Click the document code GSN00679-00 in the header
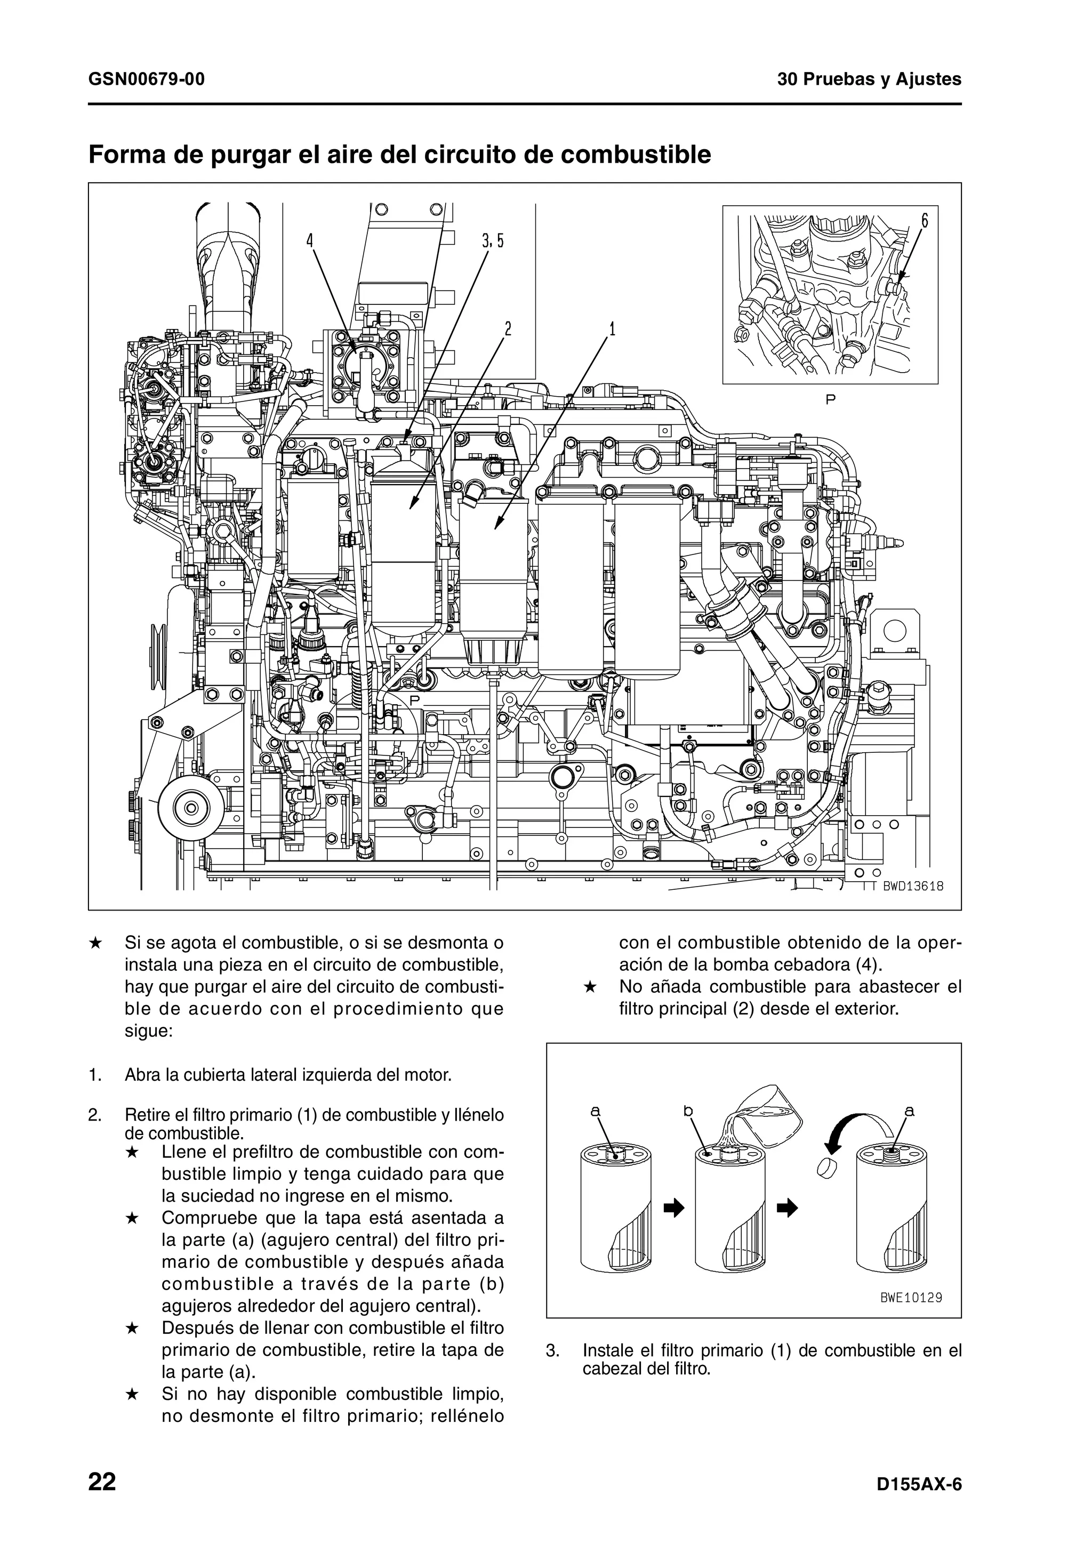tap(147, 79)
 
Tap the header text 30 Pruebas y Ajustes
tap(869, 79)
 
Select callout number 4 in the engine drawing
tap(310, 240)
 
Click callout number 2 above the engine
tap(508, 329)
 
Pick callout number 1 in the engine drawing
tap(612, 329)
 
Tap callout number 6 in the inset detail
tap(925, 220)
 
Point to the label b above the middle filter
tap(688, 1112)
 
